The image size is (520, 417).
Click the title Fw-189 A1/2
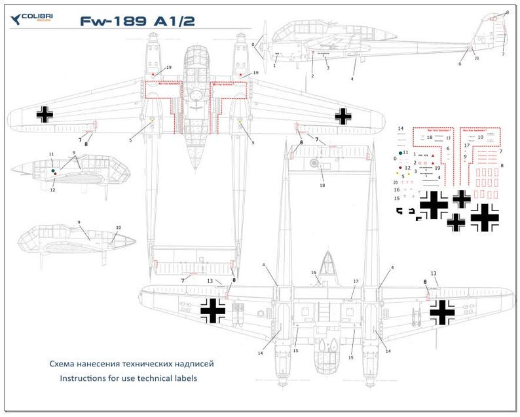pyautogui.click(x=137, y=22)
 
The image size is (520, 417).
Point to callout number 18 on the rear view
pyautogui.click(x=322, y=186)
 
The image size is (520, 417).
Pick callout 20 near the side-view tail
pyautogui.click(x=477, y=58)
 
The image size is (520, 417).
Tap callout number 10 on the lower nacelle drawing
pyautogui.click(x=118, y=228)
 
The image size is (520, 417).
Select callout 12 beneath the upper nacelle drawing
pyautogui.click(x=53, y=189)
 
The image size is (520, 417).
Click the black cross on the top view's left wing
pyautogui.click(x=45, y=114)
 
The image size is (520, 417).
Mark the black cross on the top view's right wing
pyautogui.click(x=343, y=116)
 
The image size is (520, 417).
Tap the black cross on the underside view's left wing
pyautogui.click(x=213, y=310)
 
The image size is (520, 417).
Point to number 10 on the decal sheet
pyautogui.click(x=480, y=138)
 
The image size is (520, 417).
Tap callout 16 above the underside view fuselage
pyautogui.click(x=314, y=272)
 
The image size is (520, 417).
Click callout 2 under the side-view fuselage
pyautogui.click(x=313, y=76)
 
